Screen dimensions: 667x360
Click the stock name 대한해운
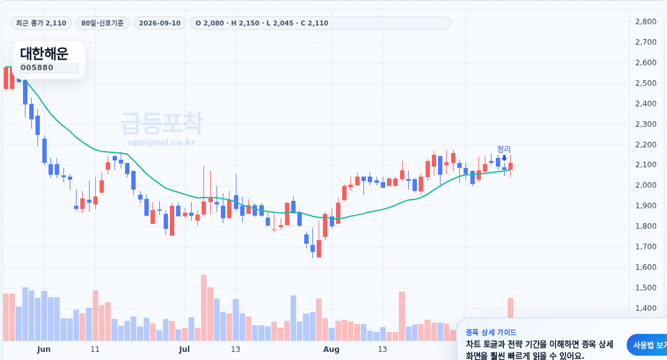point(44,53)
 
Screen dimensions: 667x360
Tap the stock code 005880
point(37,68)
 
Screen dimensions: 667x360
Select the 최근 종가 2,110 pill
point(41,23)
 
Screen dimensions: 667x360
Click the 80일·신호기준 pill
point(103,23)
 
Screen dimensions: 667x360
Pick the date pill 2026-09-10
point(159,23)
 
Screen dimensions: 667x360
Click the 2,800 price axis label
point(646,22)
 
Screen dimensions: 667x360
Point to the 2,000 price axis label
point(646,185)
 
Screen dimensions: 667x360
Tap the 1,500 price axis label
point(646,288)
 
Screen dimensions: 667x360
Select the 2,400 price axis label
point(646,104)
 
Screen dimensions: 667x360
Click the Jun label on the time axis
point(44,349)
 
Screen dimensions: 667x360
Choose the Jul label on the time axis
point(184,349)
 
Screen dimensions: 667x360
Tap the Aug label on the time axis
point(332,349)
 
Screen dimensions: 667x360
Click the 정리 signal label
point(504,149)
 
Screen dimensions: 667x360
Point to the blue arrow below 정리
point(504,158)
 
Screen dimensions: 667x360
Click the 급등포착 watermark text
point(162,123)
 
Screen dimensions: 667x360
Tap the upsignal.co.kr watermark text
point(162,142)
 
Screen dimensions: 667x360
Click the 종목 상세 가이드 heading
point(491,333)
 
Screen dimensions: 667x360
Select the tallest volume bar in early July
point(203,308)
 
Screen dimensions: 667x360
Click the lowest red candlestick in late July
point(319,249)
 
